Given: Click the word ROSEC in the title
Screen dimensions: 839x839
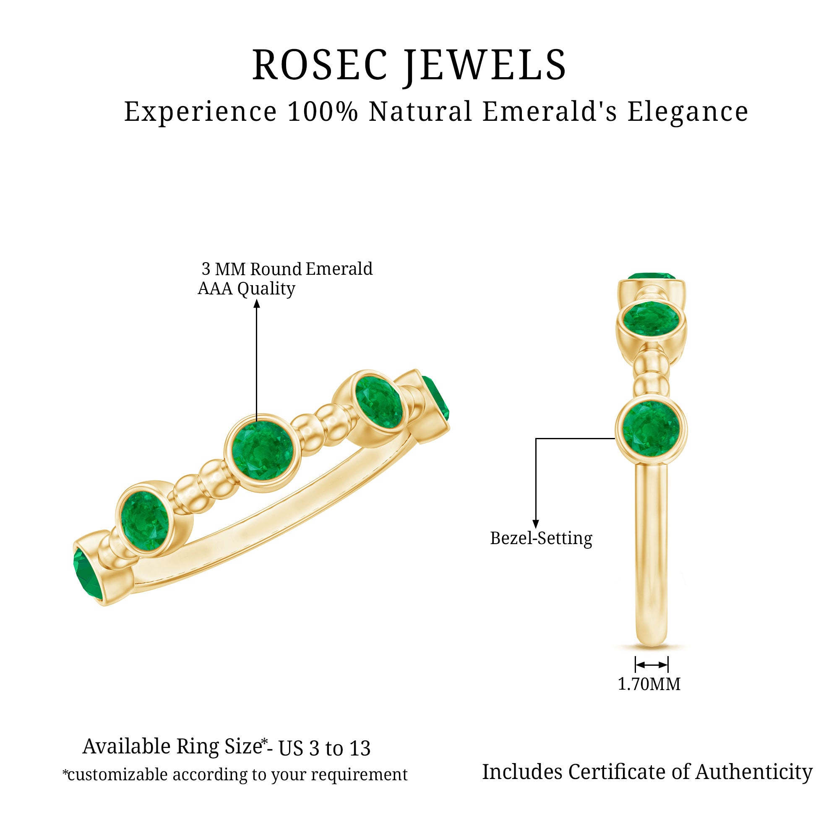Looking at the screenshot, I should [x=320, y=65].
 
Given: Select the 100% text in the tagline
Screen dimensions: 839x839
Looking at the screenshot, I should [x=322, y=112].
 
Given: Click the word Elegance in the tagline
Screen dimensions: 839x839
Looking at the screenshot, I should [x=688, y=112].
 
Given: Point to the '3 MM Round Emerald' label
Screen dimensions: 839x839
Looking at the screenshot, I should [x=287, y=269].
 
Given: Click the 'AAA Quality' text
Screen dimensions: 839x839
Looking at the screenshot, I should [x=246, y=289].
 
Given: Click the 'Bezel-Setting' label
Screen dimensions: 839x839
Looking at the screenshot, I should [x=541, y=539].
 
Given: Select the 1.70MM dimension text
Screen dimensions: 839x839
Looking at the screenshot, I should [x=649, y=684].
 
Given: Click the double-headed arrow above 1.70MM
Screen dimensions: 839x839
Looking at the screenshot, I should [x=651, y=665].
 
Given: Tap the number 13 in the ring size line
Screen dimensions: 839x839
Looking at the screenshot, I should [x=360, y=748].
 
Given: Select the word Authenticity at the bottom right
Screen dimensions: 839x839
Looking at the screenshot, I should [x=753, y=772].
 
